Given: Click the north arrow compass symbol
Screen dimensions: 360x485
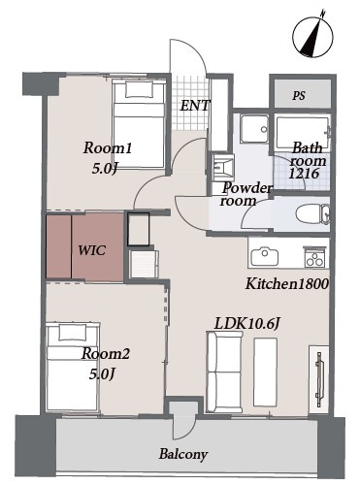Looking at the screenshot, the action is click(312, 36).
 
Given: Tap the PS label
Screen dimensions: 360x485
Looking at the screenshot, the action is click(299, 96).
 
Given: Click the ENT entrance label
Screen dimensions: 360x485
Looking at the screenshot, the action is click(195, 106).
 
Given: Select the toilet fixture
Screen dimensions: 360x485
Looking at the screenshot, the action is click(312, 213).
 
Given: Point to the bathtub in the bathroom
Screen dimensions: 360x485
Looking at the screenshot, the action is click(303, 133).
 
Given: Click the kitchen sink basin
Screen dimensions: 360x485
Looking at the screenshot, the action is click(265, 257).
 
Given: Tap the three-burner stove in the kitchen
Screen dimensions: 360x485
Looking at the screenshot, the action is click(314, 257).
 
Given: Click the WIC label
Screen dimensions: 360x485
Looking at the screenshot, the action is click(92, 250).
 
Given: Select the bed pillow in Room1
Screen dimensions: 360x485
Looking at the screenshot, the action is click(139, 89).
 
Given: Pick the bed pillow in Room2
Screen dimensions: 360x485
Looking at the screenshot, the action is click(73, 332).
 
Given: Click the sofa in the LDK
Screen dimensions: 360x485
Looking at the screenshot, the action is click(225, 372).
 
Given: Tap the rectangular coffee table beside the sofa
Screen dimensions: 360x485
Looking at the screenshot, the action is click(266, 372).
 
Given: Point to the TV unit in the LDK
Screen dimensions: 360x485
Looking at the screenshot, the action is click(318, 379).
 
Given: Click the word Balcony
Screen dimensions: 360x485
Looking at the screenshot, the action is click(183, 454).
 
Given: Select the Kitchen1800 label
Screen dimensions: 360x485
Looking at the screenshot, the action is click(287, 284).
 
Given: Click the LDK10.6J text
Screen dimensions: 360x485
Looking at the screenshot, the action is click(246, 324).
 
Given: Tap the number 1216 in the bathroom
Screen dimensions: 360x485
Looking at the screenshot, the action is click(304, 174).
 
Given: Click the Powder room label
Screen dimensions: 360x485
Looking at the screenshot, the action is click(245, 194).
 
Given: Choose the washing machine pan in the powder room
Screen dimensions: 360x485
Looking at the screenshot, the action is click(255, 129).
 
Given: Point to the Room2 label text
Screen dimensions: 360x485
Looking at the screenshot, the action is click(106, 353).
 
